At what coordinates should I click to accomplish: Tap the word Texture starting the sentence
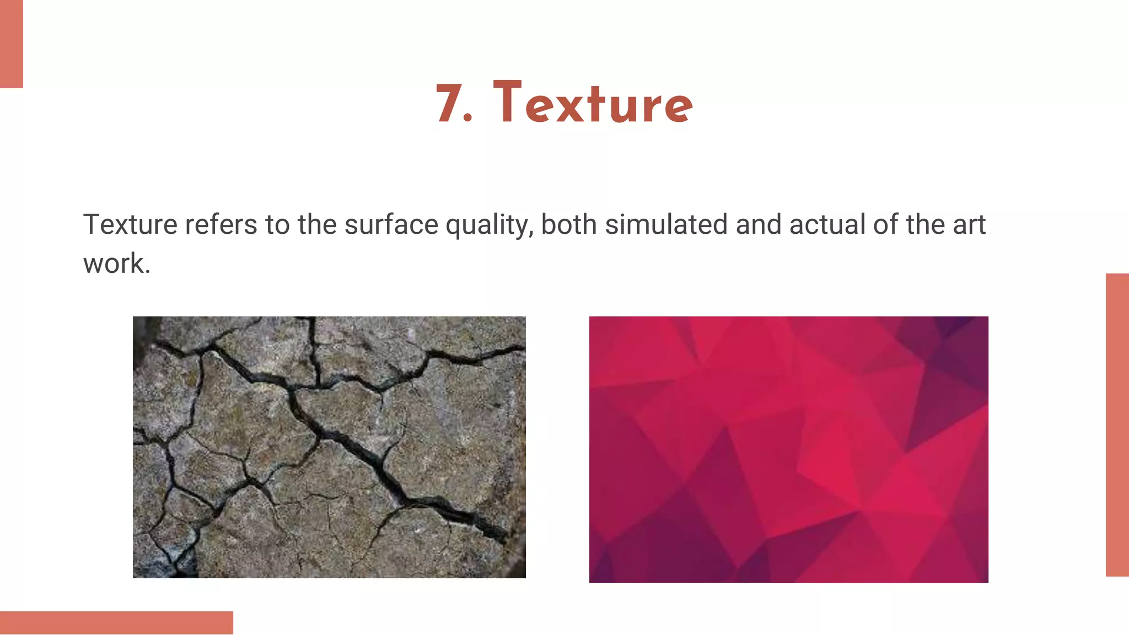point(130,225)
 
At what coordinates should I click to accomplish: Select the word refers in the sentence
point(221,225)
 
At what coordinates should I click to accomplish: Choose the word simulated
point(666,225)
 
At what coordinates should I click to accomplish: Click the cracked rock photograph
point(329,447)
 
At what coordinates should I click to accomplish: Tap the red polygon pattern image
point(788,449)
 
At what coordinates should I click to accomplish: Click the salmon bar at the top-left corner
point(11,44)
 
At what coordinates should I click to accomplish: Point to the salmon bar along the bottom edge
point(116,622)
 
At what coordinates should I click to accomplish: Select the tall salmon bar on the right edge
point(1117,424)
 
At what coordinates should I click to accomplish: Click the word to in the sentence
point(277,225)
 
